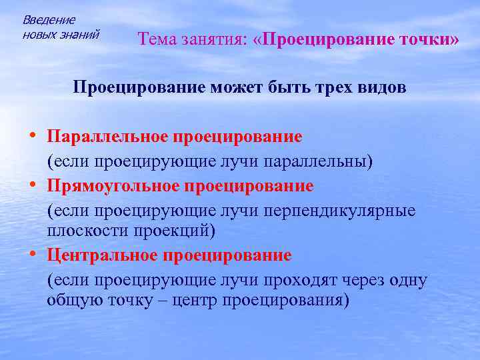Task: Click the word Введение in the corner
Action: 49,20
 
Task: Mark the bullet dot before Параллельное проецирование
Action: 33,136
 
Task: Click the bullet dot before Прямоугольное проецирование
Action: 33,183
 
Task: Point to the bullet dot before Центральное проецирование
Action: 33,255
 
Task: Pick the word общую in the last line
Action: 71,300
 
